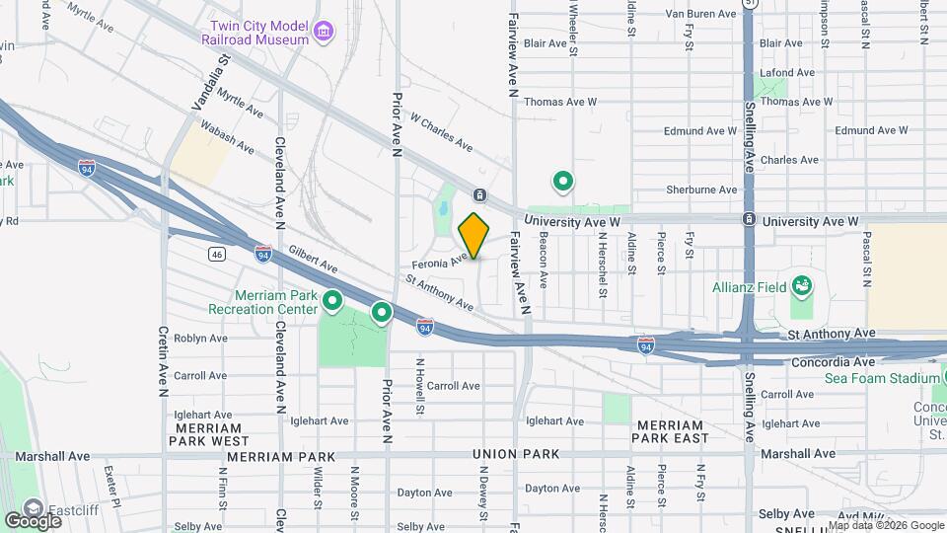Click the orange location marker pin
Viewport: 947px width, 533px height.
(x=473, y=235)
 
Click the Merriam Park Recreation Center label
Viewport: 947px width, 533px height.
(x=262, y=302)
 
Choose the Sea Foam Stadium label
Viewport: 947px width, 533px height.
(x=881, y=378)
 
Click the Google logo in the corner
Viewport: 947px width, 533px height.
(x=33, y=520)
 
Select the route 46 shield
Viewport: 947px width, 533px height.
(x=214, y=254)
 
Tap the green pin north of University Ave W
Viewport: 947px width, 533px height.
(x=563, y=182)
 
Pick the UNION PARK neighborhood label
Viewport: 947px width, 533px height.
(x=516, y=454)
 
